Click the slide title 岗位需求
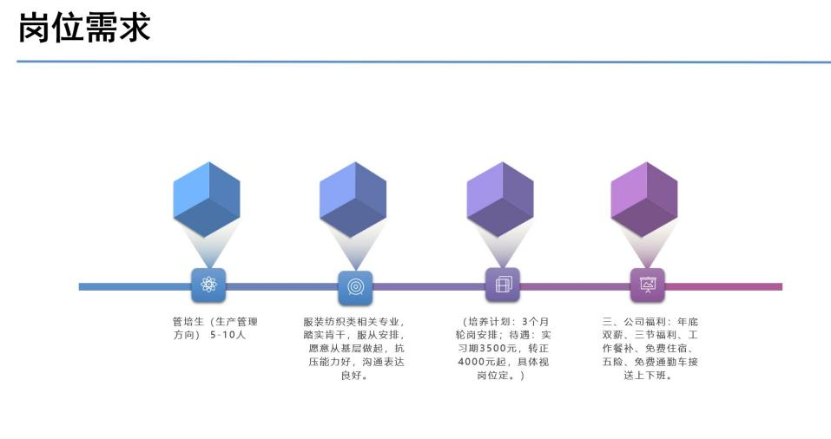(84, 28)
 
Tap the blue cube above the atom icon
(207, 198)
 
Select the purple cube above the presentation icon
(644, 199)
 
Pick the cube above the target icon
(353, 199)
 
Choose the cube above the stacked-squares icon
(499, 199)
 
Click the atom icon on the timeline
(208, 285)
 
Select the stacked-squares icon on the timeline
(502, 285)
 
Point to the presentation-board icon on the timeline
(647, 285)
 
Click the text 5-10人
(228, 335)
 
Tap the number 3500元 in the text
(500, 348)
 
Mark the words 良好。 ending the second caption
(354, 376)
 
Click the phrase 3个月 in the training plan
(535, 322)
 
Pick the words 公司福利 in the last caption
(641, 322)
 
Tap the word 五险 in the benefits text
(613, 362)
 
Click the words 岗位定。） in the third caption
(501, 376)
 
